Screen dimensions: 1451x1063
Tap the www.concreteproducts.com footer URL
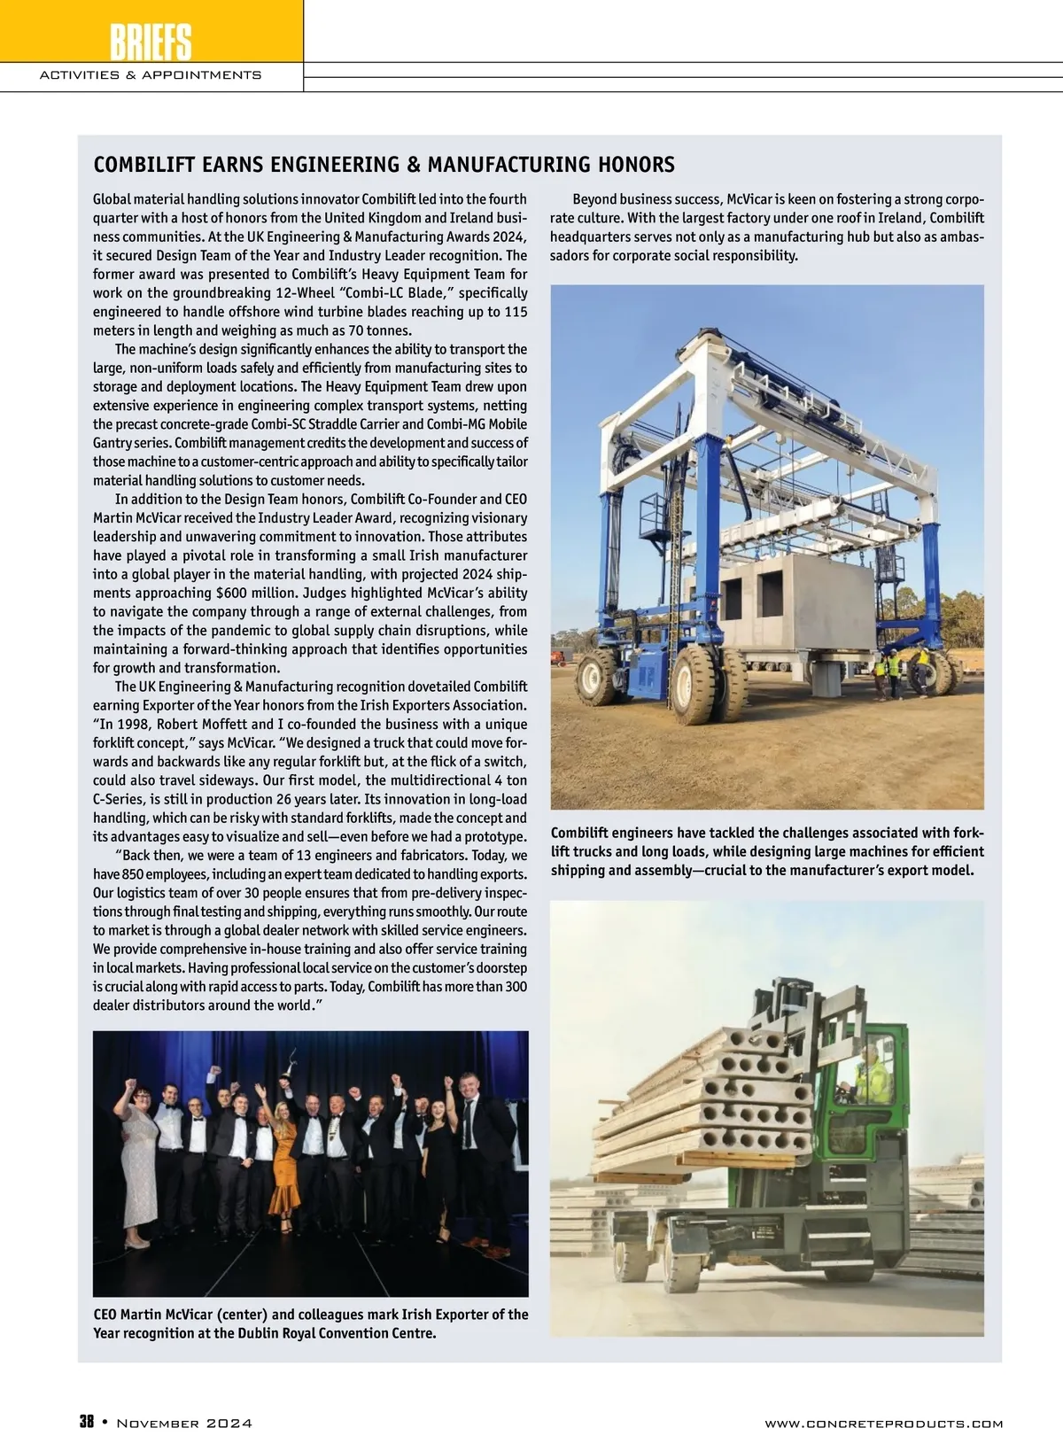point(883,1424)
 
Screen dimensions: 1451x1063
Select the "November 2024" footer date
point(184,1424)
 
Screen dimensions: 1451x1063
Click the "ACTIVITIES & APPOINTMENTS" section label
point(151,74)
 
